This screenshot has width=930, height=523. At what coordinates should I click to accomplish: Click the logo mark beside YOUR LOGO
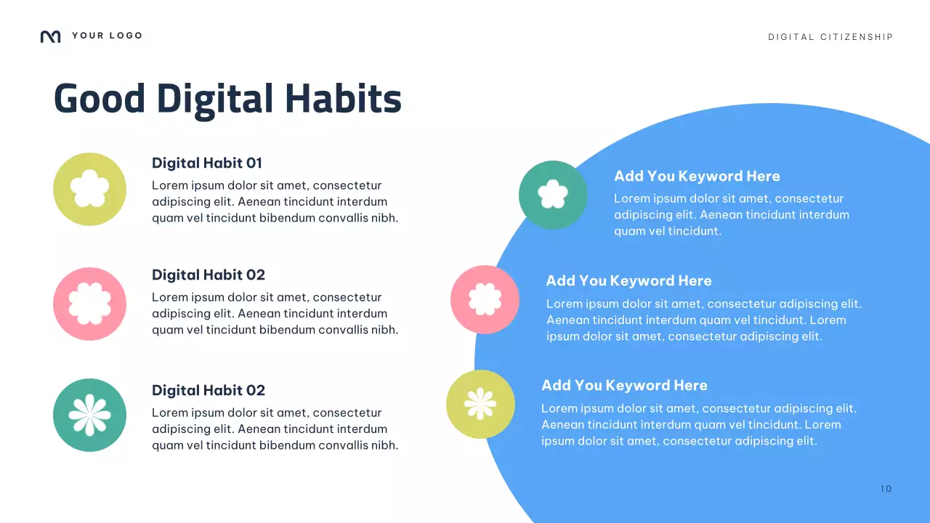[x=50, y=36]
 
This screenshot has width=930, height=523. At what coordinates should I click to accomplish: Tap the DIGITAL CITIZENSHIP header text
[x=830, y=37]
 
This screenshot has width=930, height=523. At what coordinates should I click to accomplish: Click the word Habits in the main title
[x=342, y=99]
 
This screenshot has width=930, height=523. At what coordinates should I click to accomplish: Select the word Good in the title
[x=100, y=99]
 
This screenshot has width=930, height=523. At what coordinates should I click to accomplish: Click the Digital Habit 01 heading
[x=206, y=163]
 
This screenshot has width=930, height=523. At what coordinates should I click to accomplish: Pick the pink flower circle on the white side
[x=89, y=304]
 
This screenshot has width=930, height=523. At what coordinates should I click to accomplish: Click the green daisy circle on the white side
[x=89, y=415]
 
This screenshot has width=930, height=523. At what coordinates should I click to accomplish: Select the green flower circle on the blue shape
[x=553, y=195]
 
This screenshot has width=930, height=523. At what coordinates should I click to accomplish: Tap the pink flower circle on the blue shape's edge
[x=485, y=299]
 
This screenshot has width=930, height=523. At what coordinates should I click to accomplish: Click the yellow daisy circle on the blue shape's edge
[x=480, y=404]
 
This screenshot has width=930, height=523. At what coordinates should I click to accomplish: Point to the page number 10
[x=886, y=489]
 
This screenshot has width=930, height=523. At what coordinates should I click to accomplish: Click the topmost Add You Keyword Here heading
[x=696, y=176]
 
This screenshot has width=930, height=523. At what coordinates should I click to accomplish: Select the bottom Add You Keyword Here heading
[x=623, y=385]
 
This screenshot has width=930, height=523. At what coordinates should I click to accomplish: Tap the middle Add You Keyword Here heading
[x=628, y=280]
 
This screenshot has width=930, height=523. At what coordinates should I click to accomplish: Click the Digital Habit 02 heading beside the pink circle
[x=208, y=275]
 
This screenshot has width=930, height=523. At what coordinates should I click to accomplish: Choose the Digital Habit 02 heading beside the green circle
[x=208, y=390]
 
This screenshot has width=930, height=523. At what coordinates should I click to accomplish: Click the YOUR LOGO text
[x=107, y=36]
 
